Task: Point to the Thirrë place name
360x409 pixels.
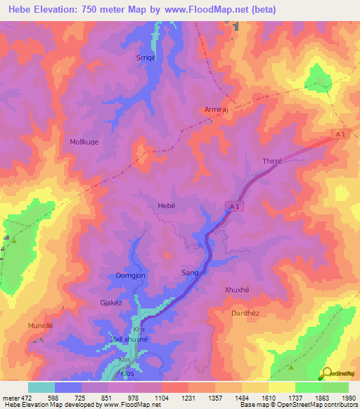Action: click(x=272, y=161)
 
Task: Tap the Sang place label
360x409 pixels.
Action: click(x=191, y=272)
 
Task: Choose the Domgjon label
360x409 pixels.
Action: click(x=130, y=276)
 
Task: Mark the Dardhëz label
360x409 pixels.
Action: click(x=247, y=313)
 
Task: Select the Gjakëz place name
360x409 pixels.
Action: click(x=112, y=303)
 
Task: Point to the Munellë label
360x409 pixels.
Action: click(x=41, y=327)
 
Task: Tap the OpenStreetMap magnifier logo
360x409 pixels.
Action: click(x=327, y=374)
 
